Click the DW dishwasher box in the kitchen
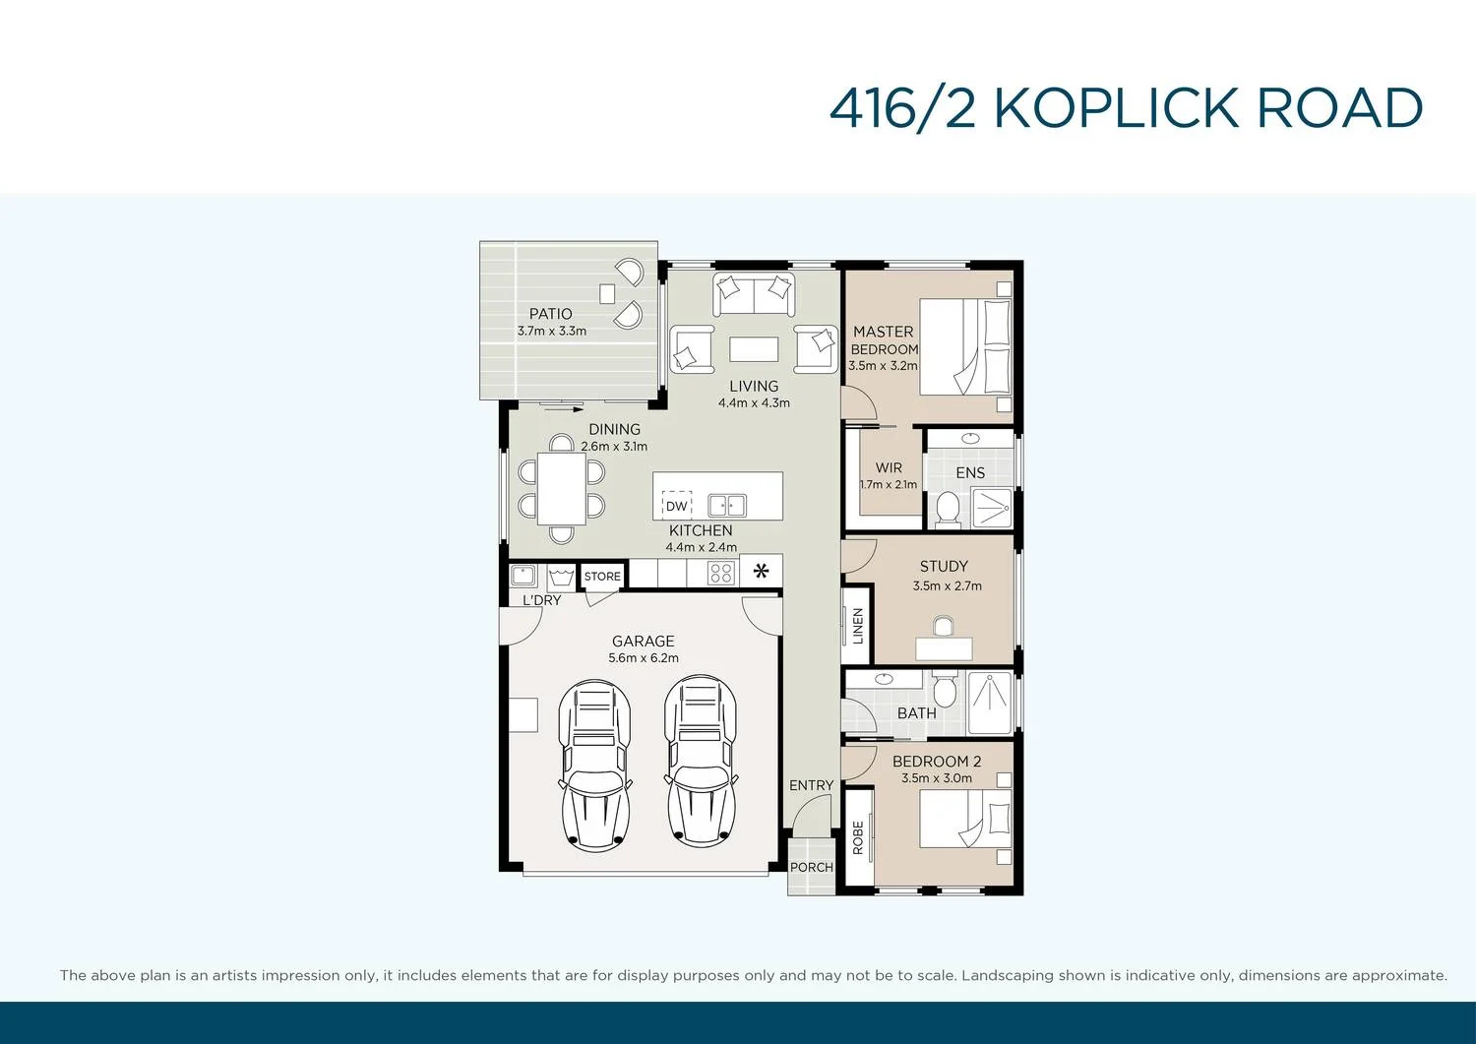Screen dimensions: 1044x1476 coord(677,506)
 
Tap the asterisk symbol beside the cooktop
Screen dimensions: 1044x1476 coord(761,571)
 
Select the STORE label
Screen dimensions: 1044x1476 coord(602,577)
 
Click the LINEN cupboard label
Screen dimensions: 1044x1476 coord(857,626)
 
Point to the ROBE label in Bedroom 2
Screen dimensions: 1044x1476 coord(858,836)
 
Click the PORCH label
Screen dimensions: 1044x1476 coord(811,867)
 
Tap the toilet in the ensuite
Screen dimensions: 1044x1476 coord(948,508)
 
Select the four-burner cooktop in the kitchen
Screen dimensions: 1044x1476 coord(721,573)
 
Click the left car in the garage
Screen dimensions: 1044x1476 coord(595,761)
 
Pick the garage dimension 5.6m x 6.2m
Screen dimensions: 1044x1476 coord(644,658)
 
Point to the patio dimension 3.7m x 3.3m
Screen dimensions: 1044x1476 coord(552,331)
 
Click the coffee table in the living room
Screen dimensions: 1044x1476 coord(754,349)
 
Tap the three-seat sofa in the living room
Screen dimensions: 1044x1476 coord(754,293)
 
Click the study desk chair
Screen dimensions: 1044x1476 coord(943,627)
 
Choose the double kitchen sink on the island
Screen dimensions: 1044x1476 coord(727,506)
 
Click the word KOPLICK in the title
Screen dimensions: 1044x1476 coord(1117,108)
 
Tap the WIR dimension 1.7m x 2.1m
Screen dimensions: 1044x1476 coord(889,484)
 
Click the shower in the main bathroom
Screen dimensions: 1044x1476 coord(990,703)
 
